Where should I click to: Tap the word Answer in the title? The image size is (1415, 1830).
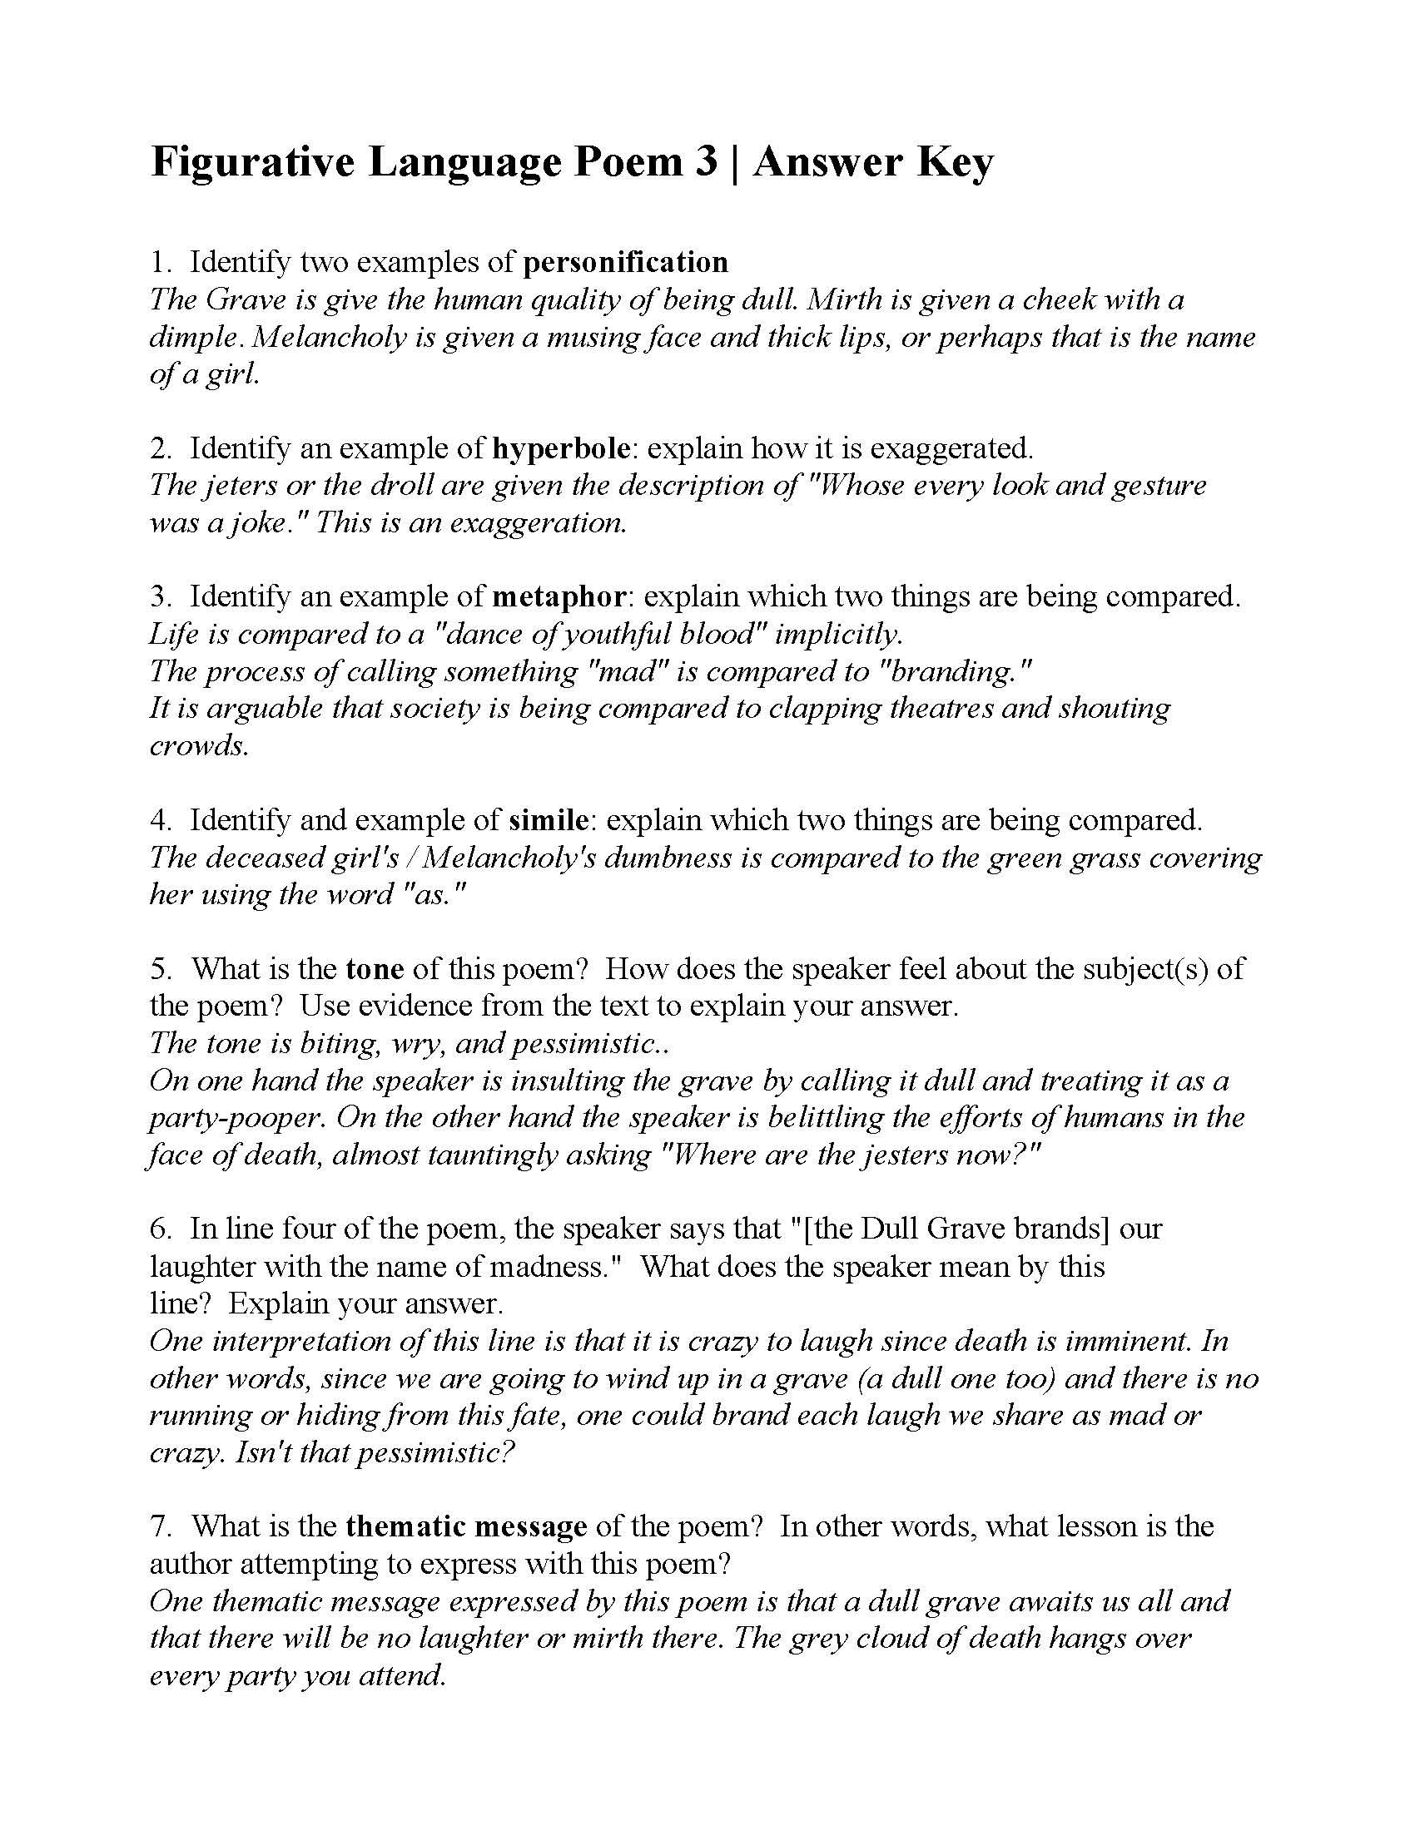[826, 162]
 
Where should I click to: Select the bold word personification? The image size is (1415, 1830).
[625, 262]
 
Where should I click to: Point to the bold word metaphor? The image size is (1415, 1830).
[559, 596]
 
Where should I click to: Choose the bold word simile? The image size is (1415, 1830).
[549, 819]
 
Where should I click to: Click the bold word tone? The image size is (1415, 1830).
[375, 968]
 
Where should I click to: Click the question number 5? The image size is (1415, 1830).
[159, 968]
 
